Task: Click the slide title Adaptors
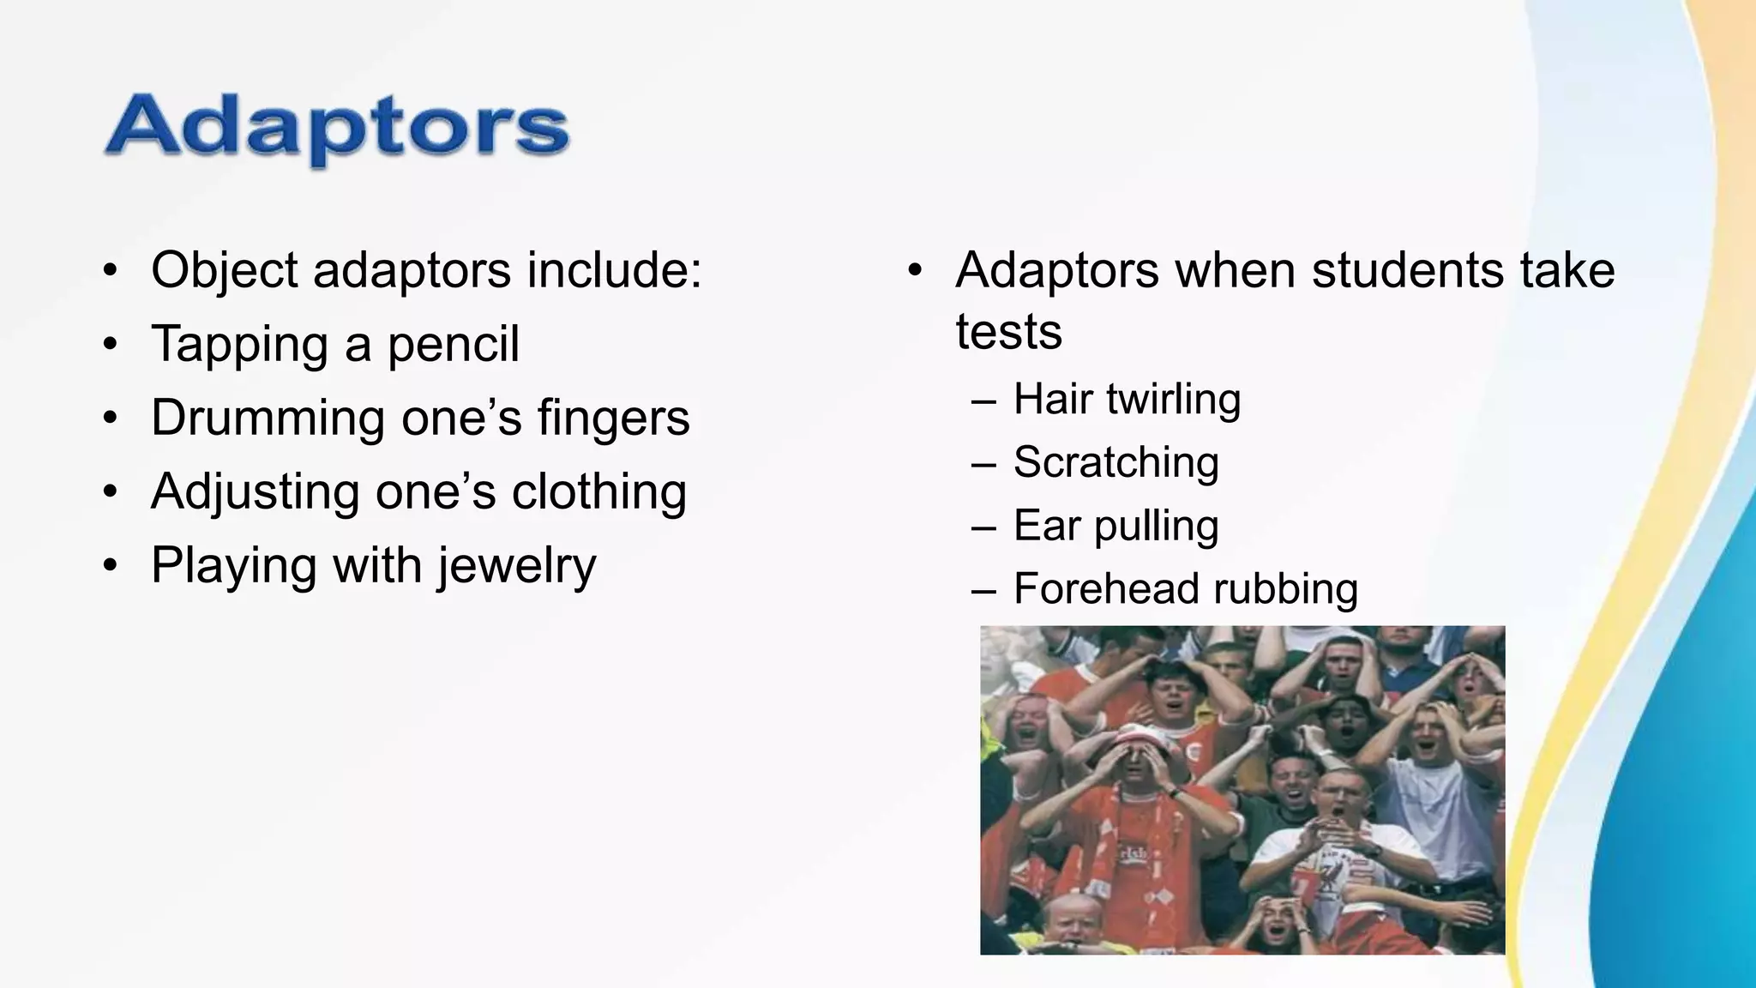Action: (337, 128)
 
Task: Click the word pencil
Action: (454, 344)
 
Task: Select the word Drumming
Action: (267, 418)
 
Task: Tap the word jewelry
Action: (516, 566)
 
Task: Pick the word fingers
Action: (613, 419)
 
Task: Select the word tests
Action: (1008, 332)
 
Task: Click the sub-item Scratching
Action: (1116, 462)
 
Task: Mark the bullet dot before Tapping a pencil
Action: (109, 345)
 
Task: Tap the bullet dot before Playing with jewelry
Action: (109, 567)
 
